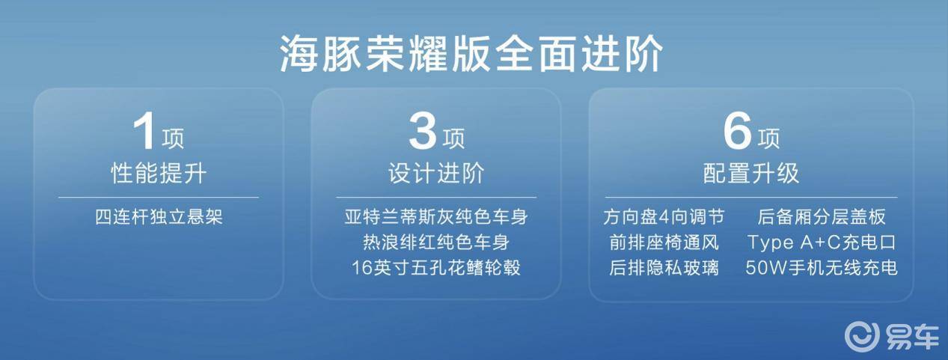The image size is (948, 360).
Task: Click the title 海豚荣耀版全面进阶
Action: pos(472,55)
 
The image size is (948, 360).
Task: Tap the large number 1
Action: pos(144,133)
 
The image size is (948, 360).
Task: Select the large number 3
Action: pos(422,133)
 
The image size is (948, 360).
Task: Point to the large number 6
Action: pos(736,133)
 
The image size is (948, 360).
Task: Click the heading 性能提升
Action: pos(159,174)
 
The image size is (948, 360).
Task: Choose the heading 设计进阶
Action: pos(436,174)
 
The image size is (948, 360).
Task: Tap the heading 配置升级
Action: pos(751,174)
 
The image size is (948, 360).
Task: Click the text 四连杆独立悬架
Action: pos(159,218)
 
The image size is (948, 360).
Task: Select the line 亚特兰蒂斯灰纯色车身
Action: pos(436,218)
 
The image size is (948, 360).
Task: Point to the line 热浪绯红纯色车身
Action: pos(436,242)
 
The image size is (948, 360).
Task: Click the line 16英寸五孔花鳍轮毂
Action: pos(436,267)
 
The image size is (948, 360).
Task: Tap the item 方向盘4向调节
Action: pos(664,218)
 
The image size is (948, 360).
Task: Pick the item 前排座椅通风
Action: pos(664,242)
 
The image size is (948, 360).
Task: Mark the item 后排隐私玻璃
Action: pos(664,267)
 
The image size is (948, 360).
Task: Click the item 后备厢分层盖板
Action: pos(822,218)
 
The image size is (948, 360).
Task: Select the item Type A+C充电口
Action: pos(822,242)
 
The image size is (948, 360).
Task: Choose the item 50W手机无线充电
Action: pos(822,267)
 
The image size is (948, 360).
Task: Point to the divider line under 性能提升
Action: pos(159,198)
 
